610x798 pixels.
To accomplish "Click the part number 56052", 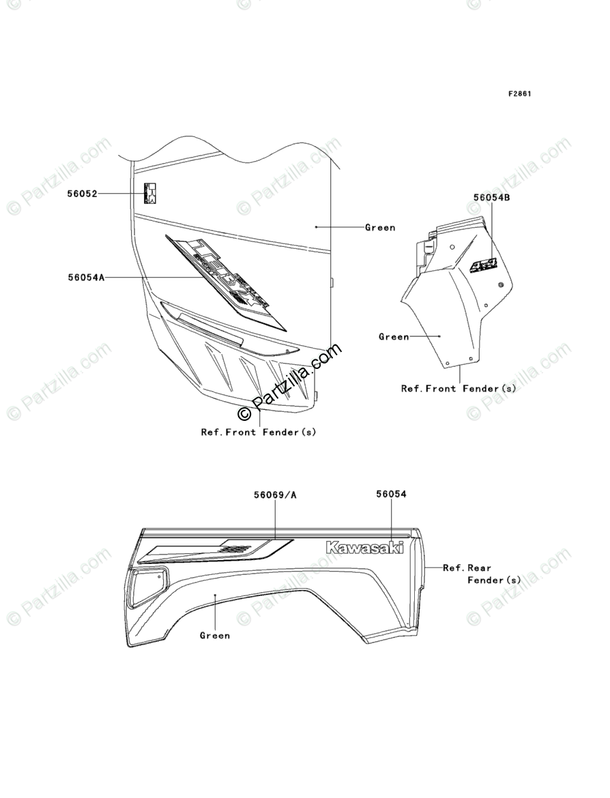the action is [82, 194].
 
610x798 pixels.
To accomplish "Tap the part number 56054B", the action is [492, 197].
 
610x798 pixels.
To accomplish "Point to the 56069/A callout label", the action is [275, 494].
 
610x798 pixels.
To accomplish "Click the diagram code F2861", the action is [519, 93].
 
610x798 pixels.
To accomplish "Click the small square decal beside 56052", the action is [150, 193].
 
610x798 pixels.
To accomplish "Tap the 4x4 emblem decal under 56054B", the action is [486, 264].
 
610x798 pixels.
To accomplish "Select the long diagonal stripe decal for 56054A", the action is [225, 280].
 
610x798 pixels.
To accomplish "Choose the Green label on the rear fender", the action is [215, 636].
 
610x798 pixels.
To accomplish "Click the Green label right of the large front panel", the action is [380, 227].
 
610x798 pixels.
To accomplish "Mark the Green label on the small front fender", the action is [394, 336].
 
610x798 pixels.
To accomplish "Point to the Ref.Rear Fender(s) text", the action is [481, 574].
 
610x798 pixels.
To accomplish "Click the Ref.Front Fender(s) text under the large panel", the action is [259, 432].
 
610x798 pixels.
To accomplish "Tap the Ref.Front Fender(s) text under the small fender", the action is [459, 388].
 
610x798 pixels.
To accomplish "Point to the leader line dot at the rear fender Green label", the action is [215, 595].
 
